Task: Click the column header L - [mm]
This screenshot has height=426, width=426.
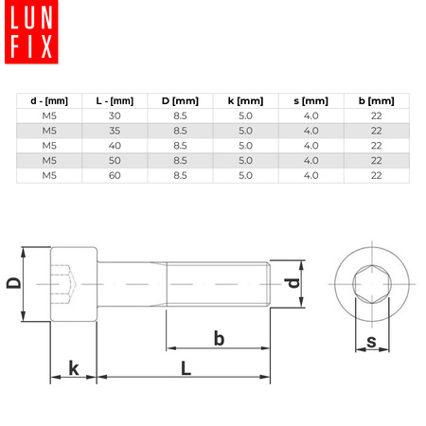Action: [x=115, y=101]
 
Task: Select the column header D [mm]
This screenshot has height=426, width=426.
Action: [x=185, y=101]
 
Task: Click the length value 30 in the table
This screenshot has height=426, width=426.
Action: [x=115, y=115]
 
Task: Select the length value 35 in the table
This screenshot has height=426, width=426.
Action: [x=115, y=131]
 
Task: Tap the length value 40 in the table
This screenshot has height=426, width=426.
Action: [x=115, y=146]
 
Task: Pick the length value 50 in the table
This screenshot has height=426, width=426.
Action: [x=115, y=160]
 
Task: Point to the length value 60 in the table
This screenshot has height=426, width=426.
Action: [x=115, y=175]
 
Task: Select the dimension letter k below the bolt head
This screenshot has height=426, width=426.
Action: [x=74, y=369]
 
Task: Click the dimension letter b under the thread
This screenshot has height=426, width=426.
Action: [x=219, y=338]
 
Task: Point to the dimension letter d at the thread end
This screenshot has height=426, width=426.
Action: [x=294, y=281]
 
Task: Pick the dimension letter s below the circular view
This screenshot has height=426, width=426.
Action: [x=371, y=342]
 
